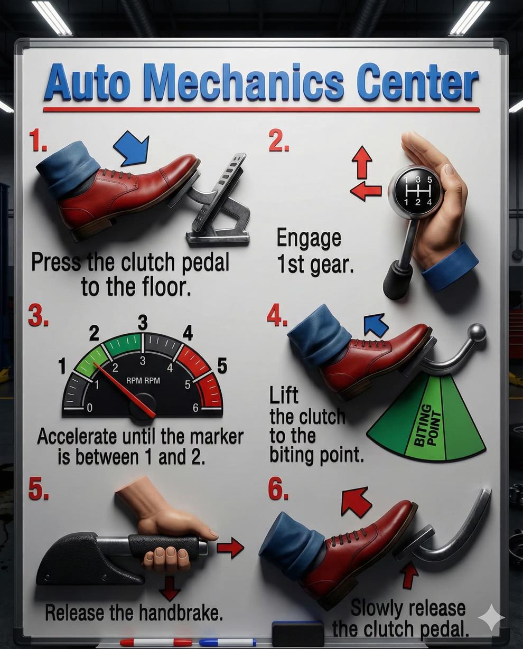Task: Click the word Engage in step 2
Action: click(309, 239)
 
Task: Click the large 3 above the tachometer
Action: click(143, 323)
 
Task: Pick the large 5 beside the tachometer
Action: click(222, 365)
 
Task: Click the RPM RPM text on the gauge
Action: click(143, 381)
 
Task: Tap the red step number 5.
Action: click(38, 488)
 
